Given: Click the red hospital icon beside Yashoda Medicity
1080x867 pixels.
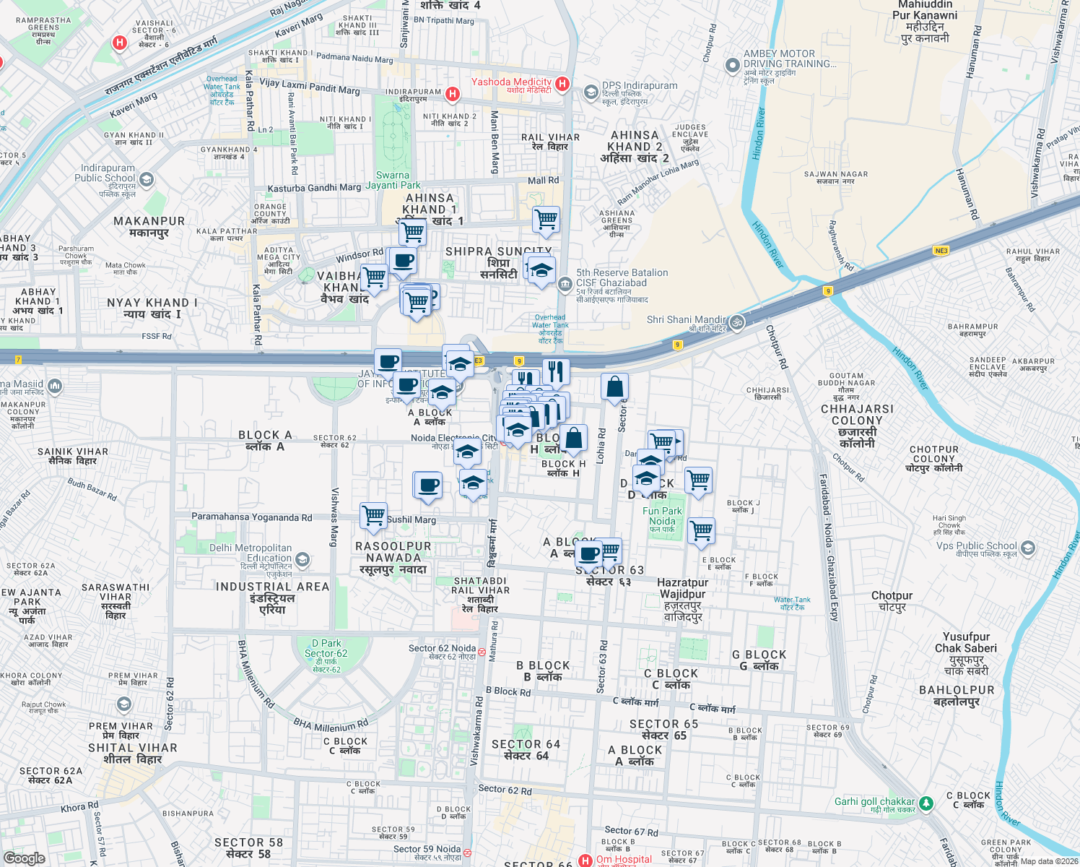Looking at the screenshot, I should (x=562, y=85).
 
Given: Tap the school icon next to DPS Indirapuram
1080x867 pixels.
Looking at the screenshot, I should (x=591, y=91).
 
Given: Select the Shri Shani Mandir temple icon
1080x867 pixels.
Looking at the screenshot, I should (x=737, y=322).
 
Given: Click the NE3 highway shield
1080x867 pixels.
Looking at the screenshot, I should (x=941, y=251).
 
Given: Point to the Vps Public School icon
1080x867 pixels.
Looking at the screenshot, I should (x=1026, y=548).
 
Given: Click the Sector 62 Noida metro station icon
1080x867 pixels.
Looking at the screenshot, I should (x=482, y=652).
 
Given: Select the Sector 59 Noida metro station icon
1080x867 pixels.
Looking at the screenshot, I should (x=466, y=853).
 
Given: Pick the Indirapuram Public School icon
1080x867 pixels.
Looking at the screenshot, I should (x=147, y=179).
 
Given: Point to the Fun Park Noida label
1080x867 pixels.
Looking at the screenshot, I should (x=662, y=516).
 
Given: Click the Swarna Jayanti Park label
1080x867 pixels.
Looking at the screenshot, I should (x=393, y=180).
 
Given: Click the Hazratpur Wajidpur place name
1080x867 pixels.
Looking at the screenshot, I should (x=683, y=599).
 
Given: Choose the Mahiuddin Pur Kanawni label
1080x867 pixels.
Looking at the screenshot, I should (x=925, y=21).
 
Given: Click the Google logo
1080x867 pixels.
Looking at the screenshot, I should (x=24, y=858).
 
